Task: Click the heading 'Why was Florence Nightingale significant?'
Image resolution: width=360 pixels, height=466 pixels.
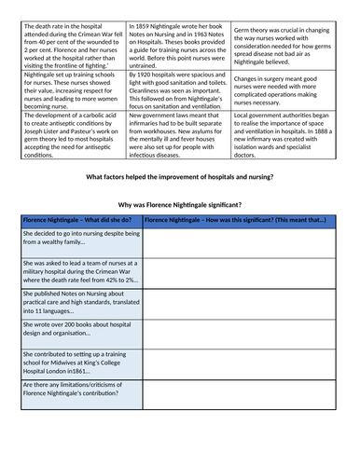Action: click(x=180, y=204)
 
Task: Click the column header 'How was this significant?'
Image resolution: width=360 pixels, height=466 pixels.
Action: click(x=236, y=219)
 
